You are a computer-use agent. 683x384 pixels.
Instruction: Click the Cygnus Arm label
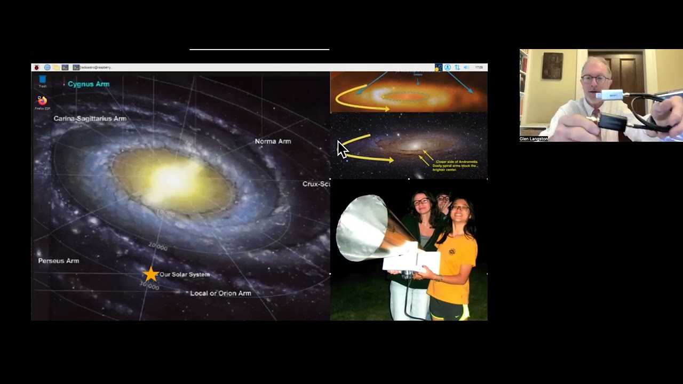[x=89, y=84]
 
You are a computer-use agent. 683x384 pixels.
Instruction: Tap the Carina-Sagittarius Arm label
[x=90, y=118]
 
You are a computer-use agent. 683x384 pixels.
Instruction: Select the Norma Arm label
[x=273, y=141]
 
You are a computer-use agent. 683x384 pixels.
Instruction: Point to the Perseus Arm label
[x=59, y=261]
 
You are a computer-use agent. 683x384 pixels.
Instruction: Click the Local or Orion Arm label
[x=220, y=293]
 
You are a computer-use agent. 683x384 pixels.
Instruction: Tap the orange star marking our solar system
[x=151, y=274]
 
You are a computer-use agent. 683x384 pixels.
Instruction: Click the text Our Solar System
[x=185, y=274]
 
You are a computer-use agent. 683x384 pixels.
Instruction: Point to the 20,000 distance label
[x=158, y=246]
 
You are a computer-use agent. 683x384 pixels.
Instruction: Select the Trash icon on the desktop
[x=42, y=80]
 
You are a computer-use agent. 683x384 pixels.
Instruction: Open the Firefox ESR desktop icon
[x=42, y=101]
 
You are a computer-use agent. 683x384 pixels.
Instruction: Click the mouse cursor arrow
[x=342, y=149]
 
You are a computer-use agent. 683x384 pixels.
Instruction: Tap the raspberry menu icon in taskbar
[x=36, y=67]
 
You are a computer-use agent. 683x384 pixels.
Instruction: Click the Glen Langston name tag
[x=534, y=139]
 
